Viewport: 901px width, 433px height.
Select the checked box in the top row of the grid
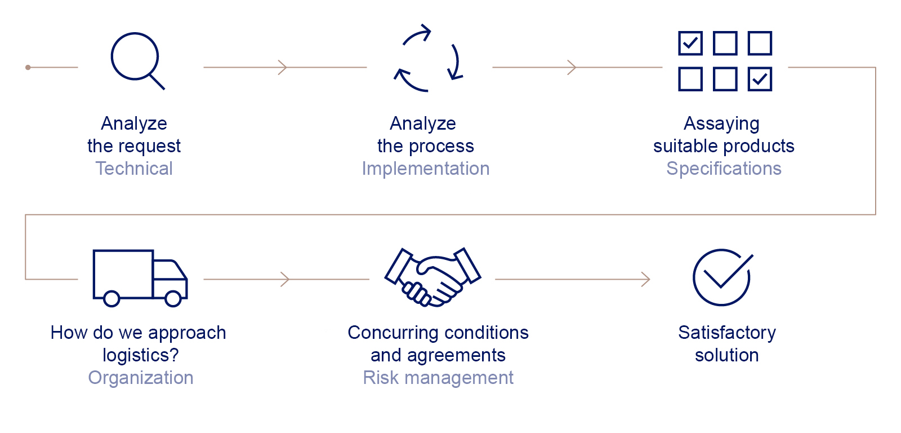tap(690, 43)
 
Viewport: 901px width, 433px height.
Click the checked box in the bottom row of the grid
tap(760, 79)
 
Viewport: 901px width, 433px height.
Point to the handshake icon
tap(433, 277)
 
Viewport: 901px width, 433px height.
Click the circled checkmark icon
tap(721, 278)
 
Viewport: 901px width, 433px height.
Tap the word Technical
tap(134, 169)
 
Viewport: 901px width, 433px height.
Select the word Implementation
tap(426, 169)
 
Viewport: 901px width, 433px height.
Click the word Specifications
tap(724, 169)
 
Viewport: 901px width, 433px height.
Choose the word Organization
tap(141, 378)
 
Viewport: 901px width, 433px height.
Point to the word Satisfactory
tap(727, 333)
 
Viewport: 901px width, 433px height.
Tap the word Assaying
tap(721, 123)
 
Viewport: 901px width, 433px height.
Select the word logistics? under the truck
tap(141, 355)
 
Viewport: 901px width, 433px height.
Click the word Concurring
tap(393, 333)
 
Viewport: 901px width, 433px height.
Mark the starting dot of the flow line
tap(28, 67)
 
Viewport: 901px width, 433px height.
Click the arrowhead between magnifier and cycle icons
tap(283, 67)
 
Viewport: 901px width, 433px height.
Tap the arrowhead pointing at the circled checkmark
tap(645, 279)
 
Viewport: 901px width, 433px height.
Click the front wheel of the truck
tap(173, 298)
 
